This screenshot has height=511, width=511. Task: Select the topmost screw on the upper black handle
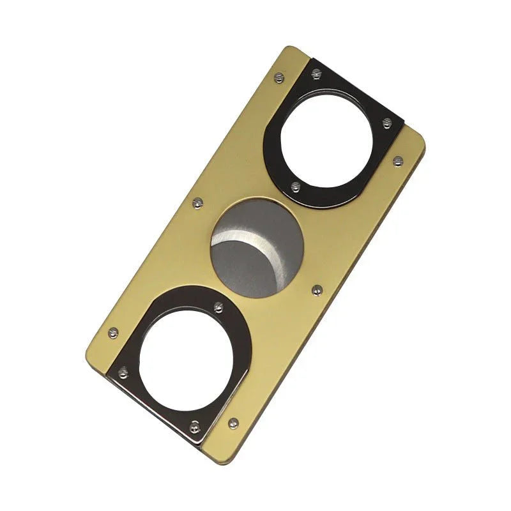coord(316,74)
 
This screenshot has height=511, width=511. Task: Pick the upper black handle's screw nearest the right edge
coord(386,122)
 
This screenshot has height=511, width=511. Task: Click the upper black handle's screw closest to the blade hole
coord(295,187)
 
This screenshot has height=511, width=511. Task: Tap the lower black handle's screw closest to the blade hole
coord(218,307)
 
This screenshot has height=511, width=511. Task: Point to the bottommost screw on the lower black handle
coord(195,426)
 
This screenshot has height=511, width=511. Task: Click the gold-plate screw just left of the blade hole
coord(198,202)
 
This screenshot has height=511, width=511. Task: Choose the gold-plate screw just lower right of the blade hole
coord(316,291)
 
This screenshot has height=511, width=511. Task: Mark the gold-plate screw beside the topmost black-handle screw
coord(278,77)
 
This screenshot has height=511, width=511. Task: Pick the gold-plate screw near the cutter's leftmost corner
coord(113,333)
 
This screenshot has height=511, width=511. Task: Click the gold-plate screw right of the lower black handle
coord(233,423)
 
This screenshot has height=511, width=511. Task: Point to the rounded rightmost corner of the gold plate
coord(422,145)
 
